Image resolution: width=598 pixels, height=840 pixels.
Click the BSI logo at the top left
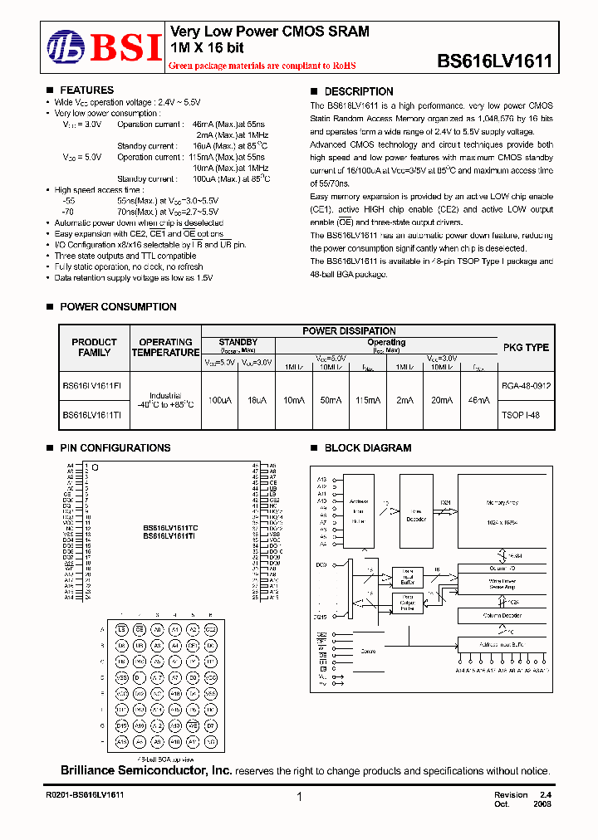[103, 47]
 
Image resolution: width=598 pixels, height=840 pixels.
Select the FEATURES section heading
[86, 90]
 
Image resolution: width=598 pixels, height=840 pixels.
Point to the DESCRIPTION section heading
[358, 91]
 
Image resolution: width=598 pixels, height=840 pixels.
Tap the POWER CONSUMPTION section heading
[118, 307]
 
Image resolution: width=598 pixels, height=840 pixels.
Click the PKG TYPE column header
[526, 347]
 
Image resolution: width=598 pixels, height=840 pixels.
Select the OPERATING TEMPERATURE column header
[165, 347]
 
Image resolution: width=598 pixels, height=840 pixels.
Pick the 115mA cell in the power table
[367, 400]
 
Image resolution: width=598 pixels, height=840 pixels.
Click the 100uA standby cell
[219, 400]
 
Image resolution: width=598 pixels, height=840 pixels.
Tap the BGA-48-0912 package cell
[526, 386]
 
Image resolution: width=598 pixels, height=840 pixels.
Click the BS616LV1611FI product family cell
[92, 386]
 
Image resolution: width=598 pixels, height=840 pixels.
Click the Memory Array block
[501, 511]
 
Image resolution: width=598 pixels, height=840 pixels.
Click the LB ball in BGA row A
[122, 629]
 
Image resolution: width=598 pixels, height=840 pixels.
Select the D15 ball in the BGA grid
[122, 725]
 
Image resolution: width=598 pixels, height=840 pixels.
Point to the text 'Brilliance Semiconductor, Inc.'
[146, 771]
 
